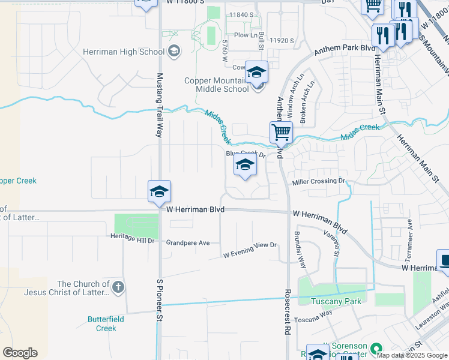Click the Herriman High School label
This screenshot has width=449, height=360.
[x=134, y=52]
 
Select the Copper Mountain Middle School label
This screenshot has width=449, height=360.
[x=216, y=85]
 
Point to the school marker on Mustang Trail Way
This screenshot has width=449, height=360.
[x=160, y=191]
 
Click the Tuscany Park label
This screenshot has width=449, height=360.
[x=337, y=301]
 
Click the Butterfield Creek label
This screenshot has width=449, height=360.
[x=106, y=323]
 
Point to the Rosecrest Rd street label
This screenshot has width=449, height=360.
[x=288, y=311]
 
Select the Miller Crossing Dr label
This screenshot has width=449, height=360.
[x=319, y=181]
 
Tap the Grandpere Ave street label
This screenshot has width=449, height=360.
[x=188, y=243]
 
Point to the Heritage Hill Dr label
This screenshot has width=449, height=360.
[x=133, y=240]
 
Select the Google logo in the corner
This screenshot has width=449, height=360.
[x=20, y=353]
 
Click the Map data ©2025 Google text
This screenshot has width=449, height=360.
[x=412, y=355]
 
